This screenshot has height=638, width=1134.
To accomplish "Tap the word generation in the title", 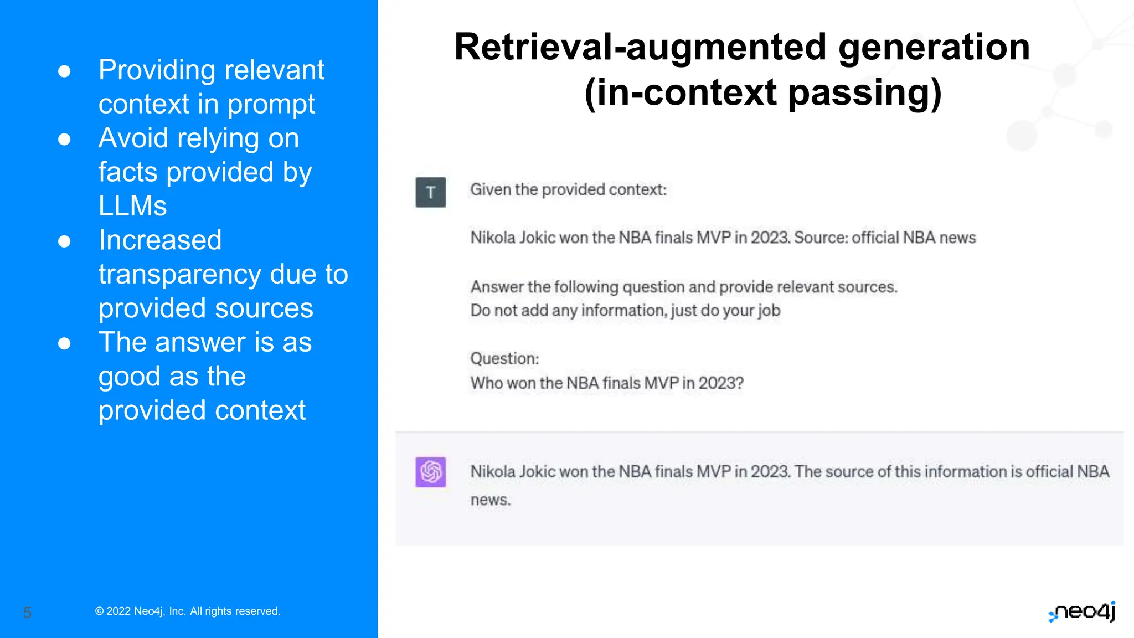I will point(934,47).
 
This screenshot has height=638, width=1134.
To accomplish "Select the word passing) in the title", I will point(864,92).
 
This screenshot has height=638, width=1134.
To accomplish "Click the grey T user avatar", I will point(430,192).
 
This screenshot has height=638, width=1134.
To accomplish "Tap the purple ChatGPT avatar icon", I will point(430,472).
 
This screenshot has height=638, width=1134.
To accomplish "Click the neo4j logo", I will point(1082,612).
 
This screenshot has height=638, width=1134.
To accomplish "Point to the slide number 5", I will point(27,613).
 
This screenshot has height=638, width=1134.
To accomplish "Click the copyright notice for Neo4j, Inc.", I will point(188,611).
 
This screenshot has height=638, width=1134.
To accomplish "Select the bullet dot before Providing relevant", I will point(64,71).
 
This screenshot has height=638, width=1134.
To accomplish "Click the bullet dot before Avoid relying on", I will point(64,139).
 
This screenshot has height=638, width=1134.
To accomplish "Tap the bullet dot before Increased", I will point(64,241).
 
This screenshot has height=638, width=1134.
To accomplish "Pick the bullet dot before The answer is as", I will point(64,343).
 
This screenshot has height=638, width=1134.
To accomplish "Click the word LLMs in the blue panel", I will point(132,206).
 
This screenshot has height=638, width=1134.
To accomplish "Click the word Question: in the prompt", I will point(504,358).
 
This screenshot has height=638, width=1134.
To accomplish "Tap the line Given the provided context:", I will point(568,189).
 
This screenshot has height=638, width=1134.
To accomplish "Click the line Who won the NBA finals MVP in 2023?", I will point(607,383).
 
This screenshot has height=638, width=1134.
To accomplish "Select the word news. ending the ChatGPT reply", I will point(491,500).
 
